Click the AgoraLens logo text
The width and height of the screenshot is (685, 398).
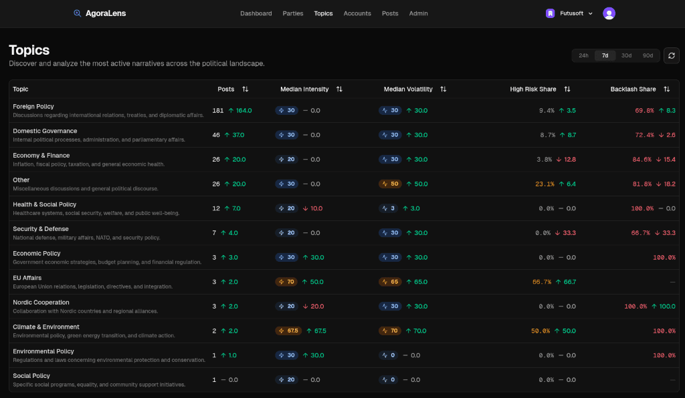[x=105, y=13]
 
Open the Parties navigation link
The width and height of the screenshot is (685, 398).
[x=293, y=13]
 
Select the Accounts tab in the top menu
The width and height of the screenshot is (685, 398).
[x=357, y=13]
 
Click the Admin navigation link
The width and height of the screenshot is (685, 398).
[x=419, y=13]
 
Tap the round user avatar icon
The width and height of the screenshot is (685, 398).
[x=609, y=13]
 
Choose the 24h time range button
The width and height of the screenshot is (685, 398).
[x=583, y=55]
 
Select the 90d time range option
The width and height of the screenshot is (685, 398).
[x=648, y=55]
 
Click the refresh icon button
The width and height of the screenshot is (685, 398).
[x=671, y=55]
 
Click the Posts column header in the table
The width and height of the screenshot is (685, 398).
[x=226, y=89]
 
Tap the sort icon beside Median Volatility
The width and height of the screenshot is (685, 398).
[x=444, y=89]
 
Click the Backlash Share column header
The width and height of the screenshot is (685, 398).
[x=633, y=89]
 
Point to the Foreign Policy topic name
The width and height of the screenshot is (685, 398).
[x=33, y=106]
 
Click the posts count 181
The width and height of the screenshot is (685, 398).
[x=218, y=110]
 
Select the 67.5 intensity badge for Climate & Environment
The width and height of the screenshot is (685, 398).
[x=288, y=331]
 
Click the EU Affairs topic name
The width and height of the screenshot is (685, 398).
[x=27, y=278]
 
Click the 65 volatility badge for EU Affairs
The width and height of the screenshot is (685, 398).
[x=391, y=282]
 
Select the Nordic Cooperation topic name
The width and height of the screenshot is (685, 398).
[x=41, y=303]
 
